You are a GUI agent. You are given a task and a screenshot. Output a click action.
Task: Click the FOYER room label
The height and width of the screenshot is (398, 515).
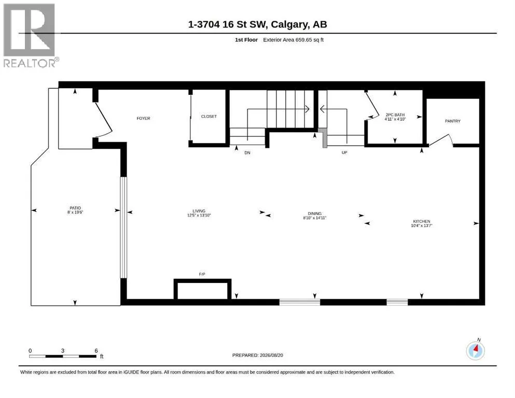[x=143, y=118]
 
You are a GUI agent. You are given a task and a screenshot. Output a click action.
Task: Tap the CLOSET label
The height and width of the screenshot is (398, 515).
[x=209, y=117]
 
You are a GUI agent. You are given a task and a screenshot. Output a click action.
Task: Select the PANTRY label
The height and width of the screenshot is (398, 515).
[x=453, y=121]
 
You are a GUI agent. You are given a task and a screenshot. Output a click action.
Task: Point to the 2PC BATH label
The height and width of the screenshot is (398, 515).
[x=395, y=115]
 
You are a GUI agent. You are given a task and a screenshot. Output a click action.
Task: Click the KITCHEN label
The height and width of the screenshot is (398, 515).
[x=422, y=221]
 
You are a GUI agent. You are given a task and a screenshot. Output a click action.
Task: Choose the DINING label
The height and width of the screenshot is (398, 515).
[x=315, y=214]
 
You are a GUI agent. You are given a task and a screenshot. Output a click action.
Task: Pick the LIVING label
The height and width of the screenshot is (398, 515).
[x=199, y=211]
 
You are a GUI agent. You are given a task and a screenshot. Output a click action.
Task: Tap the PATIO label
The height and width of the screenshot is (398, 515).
[x=75, y=208]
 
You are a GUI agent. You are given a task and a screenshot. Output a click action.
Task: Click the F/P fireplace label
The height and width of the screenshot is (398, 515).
[x=202, y=274]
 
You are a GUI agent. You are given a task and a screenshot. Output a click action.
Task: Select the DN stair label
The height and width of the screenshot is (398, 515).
[x=247, y=152]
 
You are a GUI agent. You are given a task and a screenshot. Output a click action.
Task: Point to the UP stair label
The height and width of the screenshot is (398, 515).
[x=344, y=152]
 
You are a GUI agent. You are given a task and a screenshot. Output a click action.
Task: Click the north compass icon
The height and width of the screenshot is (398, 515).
[x=475, y=350]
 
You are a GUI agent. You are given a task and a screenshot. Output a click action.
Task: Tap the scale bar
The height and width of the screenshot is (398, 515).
[x=63, y=356]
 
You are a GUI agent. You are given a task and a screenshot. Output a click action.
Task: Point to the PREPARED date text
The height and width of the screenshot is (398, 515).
[x=257, y=355]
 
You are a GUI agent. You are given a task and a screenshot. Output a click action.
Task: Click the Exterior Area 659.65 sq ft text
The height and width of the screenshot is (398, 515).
[x=294, y=40]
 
